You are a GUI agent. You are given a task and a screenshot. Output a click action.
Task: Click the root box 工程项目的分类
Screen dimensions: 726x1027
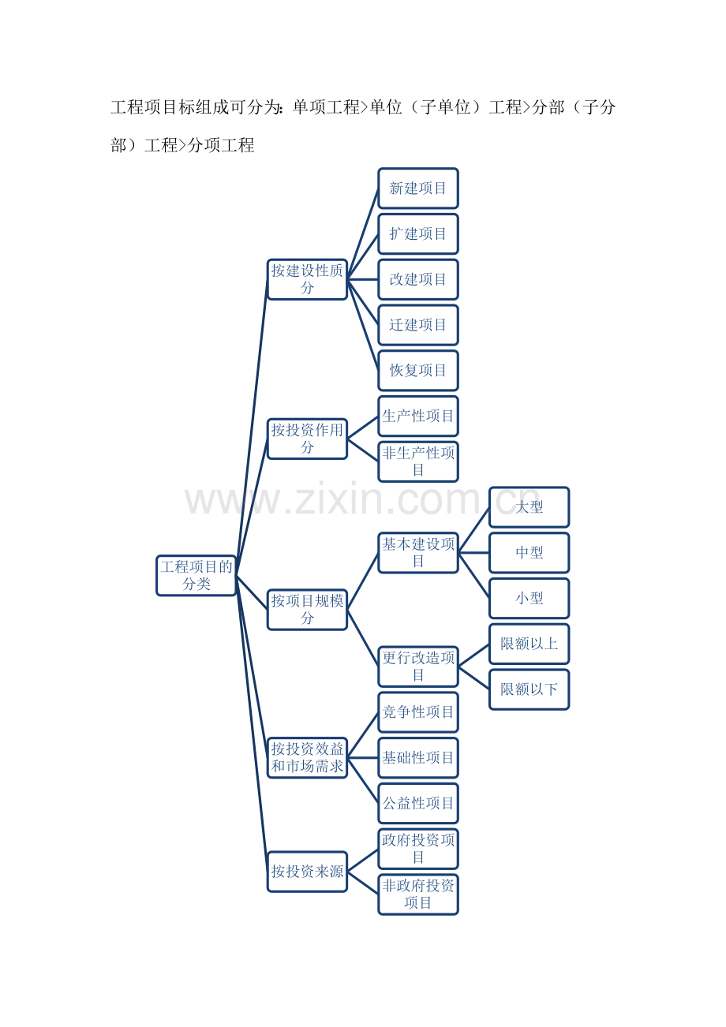tap(196, 575)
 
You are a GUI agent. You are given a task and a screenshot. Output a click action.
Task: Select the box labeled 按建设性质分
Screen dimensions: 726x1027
tap(307, 279)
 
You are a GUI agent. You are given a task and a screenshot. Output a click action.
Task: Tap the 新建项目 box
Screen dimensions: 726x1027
tap(418, 189)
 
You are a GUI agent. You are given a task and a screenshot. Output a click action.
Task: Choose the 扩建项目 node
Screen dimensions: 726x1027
tap(418, 233)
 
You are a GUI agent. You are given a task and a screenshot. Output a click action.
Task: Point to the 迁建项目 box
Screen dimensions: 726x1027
tap(418, 325)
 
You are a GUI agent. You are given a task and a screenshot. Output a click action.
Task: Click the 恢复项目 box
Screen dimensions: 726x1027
tap(418, 371)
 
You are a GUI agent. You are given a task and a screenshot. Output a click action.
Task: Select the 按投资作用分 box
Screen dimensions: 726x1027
tap(307, 439)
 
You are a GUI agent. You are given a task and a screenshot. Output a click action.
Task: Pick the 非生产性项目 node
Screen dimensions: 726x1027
tap(418, 461)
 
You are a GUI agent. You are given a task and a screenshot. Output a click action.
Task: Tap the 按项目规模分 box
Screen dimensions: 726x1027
tap(307, 610)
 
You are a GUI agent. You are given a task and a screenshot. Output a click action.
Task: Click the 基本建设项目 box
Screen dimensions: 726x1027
tap(418, 552)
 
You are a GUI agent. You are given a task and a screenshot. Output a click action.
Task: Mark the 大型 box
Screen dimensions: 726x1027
tap(530, 507)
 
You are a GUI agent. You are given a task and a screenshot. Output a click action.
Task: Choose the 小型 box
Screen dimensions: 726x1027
tap(530, 599)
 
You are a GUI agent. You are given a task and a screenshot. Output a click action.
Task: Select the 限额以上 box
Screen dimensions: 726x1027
tap(530, 644)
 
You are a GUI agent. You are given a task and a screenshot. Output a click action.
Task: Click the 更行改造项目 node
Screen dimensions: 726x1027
tap(418, 667)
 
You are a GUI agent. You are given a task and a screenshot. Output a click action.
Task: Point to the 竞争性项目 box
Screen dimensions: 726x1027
tap(418, 712)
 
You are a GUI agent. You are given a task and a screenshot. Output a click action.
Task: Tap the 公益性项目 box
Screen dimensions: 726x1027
tap(418, 803)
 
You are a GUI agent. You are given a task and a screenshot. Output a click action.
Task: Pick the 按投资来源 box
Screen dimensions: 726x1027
tap(307, 872)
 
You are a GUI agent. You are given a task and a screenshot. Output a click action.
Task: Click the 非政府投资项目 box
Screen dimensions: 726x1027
tap(418, 894)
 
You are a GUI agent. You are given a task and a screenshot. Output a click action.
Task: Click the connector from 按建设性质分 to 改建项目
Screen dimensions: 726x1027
tap(363, 279)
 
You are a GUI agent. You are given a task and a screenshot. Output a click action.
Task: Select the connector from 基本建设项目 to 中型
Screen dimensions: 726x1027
tap(473, 552)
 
